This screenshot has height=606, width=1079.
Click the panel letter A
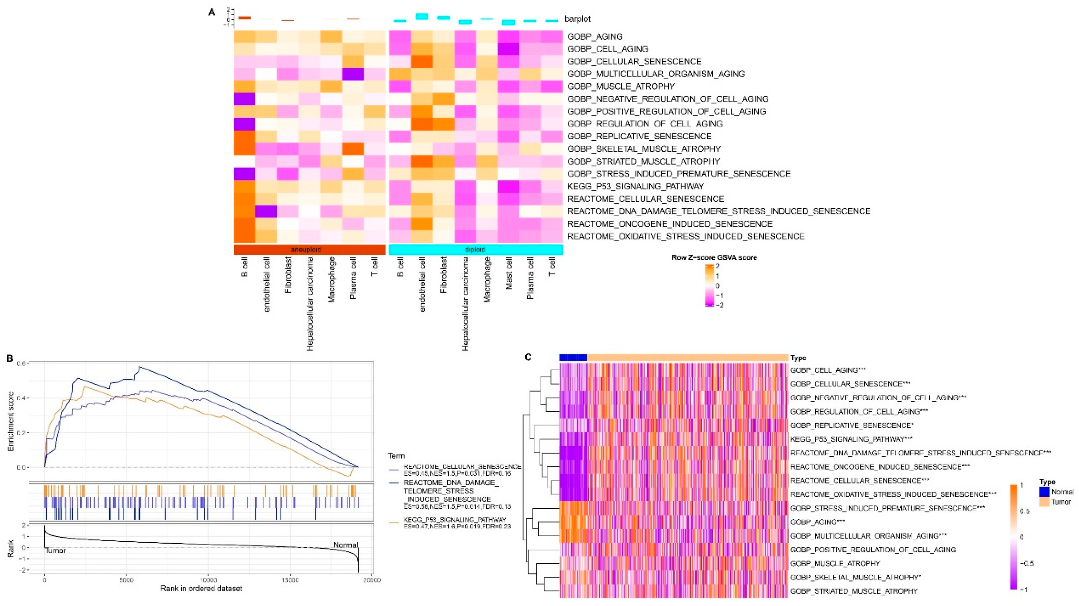point(212,12)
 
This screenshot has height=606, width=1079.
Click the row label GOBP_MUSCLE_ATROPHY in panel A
point(621,86)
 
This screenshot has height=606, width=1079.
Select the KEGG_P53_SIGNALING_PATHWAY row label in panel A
point(635,186)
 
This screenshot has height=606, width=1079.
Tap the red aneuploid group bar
point(309,250)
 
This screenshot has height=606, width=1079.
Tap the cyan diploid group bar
point(475,250)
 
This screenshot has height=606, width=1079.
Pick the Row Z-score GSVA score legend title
point(714,257)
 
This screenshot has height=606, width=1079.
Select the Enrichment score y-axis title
point(11,421)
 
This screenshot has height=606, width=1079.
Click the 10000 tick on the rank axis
point(208,580)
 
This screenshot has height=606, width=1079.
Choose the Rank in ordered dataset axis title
point(201,589)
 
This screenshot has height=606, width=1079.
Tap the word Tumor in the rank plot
point(55,550)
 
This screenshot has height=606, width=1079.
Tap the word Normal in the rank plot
point(346,545)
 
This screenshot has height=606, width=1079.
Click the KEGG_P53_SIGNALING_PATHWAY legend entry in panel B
point(455,520)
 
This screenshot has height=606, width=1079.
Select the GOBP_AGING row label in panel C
point(817,522)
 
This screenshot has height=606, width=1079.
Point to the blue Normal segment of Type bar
point(573,358)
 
